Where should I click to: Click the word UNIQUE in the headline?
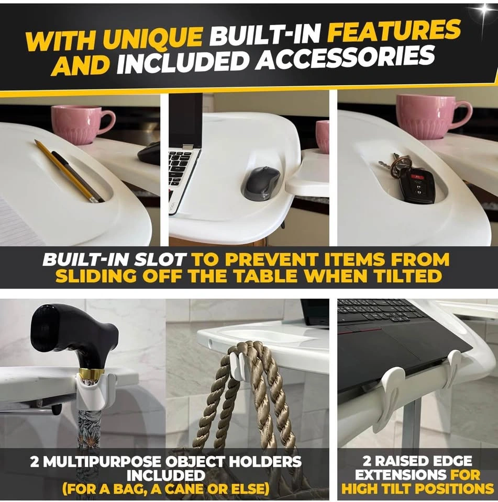(x=153, y=39)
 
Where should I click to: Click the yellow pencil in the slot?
(x=68, y=171)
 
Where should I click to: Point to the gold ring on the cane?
(x=92, y=372)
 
